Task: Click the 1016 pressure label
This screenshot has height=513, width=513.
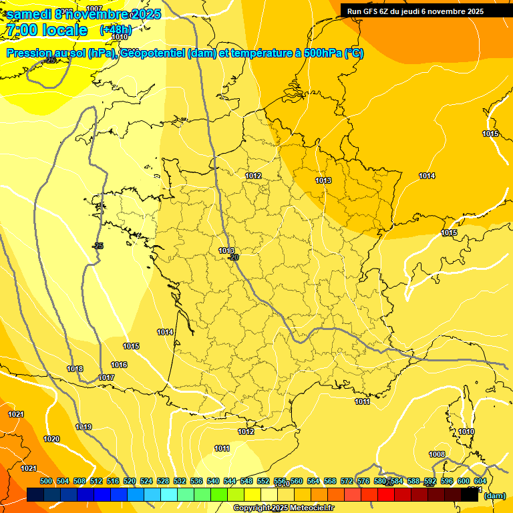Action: click(x=119, y=365)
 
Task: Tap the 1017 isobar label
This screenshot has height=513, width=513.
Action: click(x=106, y=377)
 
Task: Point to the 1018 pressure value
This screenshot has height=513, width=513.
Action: click(x=75, y=369)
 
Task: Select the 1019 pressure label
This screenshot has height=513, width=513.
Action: click(x=83, y=427)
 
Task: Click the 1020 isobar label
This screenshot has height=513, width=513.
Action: click(x=51, y=439)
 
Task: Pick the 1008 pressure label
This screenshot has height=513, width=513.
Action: click(x=437, y=454)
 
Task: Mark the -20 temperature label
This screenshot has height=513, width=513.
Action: click(x=233, y=257)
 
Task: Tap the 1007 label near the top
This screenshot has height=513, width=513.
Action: click(x=95, y=27)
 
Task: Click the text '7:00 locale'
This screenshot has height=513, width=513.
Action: click(x=47, y=30)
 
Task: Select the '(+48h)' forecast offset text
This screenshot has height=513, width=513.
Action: click(x=116, y=30)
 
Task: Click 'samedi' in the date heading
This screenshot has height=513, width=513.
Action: click(x=29, y=14)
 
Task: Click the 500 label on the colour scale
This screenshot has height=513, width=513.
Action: click(x=46, y=481)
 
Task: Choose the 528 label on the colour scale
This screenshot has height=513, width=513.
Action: click(x=163, y=481)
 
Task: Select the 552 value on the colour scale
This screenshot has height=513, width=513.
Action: click(x=263, y=481)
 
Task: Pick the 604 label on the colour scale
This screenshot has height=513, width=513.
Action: click(x=480, y=481)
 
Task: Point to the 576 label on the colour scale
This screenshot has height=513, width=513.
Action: click(x=363, y=481)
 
